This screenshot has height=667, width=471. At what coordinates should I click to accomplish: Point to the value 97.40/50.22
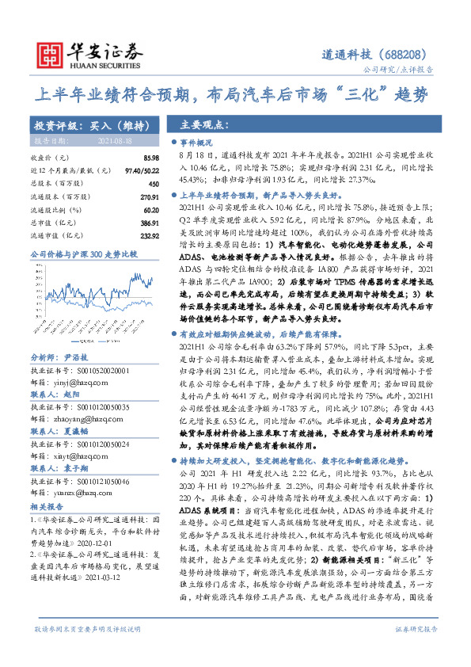(137, 170)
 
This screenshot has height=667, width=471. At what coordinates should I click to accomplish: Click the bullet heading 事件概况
(197, 143)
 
